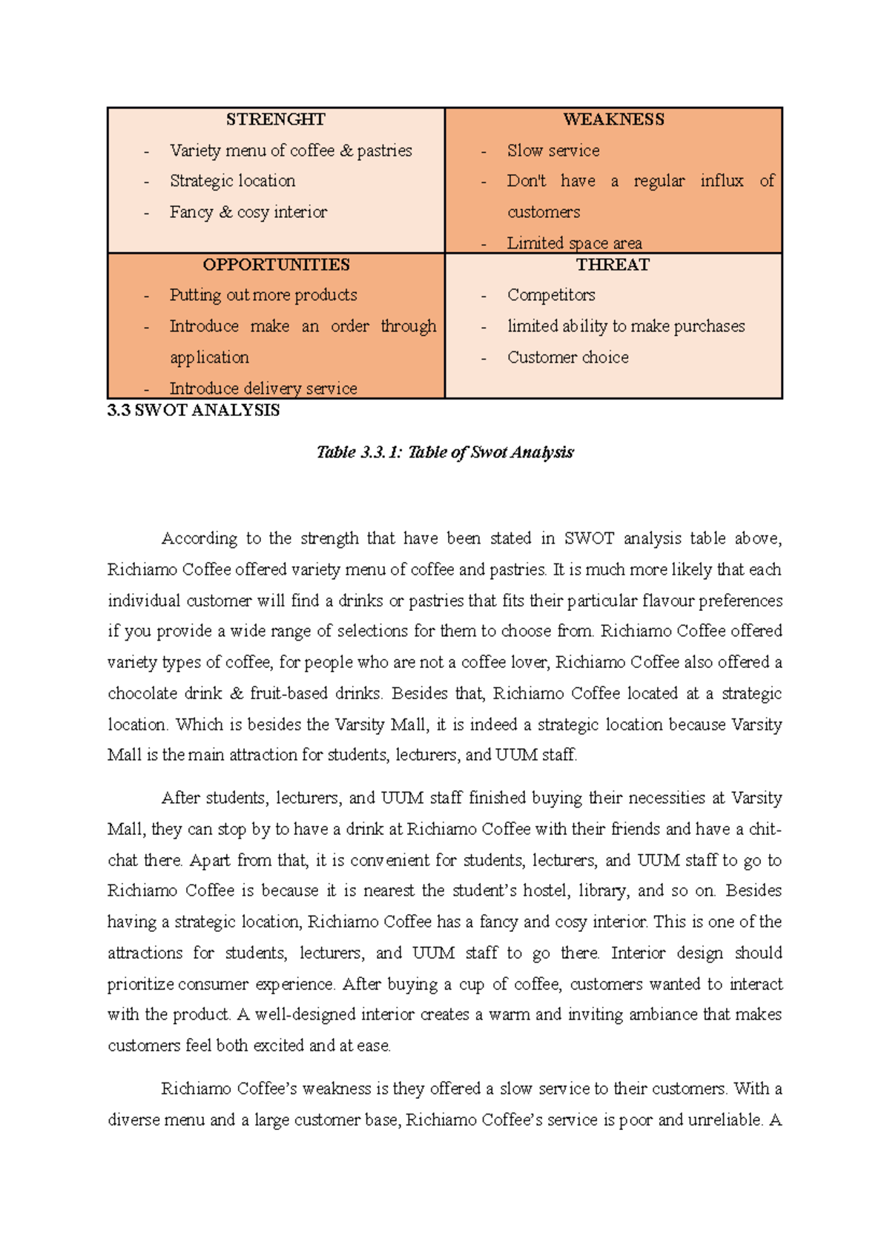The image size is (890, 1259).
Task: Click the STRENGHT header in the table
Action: tap(275, 119)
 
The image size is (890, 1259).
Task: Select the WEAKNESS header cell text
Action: tap(613, 119)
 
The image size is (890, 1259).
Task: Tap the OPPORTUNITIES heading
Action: tap(276, 265)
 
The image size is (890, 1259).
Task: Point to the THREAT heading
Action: tap(613, 265)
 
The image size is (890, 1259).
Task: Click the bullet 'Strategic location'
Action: tap(232, 181)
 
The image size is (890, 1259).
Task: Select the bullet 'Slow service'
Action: tap(553, 151)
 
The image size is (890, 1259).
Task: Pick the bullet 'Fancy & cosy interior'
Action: tap(248, 212)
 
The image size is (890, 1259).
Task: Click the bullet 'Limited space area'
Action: tap(574, 242)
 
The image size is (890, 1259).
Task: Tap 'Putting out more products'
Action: tap(263, 295)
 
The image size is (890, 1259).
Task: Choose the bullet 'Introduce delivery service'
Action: tap(263, 388)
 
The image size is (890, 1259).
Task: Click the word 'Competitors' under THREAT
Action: tap(551, 295)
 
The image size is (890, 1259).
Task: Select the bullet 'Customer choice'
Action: tap(567, 357)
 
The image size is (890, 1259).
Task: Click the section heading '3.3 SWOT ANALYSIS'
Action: tap(194, 411)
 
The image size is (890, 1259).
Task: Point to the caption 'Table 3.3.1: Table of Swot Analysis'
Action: tap(445, 452)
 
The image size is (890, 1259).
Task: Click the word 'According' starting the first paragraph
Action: tap(200, 538)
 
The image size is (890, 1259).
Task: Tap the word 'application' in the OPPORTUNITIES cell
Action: tap(209, 357)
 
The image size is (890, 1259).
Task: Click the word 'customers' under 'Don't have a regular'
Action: tap(544, 212)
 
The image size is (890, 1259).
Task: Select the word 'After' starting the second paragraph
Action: tap(180, 798)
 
